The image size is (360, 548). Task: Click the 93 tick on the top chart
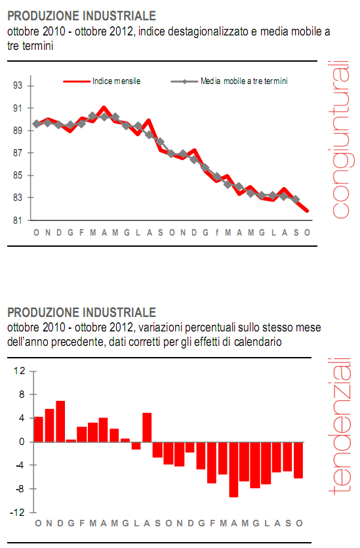[18, 86]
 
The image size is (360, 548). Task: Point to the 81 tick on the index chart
[18, 221]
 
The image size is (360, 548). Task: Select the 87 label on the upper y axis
[18, 154]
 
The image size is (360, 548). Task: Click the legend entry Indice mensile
[116, 81]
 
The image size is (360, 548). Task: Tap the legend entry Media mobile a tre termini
[245, 81]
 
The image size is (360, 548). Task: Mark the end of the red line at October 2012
[308, 211]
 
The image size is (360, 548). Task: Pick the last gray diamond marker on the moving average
[296, 200]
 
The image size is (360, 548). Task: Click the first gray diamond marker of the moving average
[36, 123]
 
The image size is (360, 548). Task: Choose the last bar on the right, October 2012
[298, 460]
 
